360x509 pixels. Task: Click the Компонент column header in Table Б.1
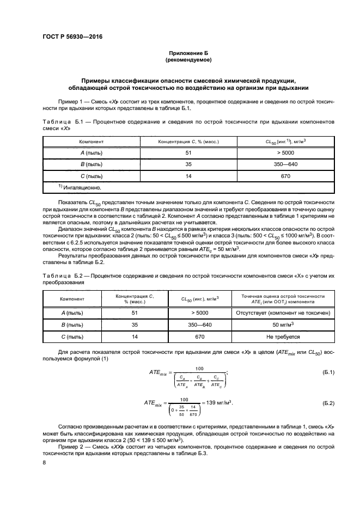(x=91, y=141)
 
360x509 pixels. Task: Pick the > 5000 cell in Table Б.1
(x=285, y=153)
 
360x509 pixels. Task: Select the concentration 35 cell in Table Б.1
(x=188, y=164)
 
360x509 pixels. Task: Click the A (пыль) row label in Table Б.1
(x=91, y=153)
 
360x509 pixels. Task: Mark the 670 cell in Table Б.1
(x=285, y=176)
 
